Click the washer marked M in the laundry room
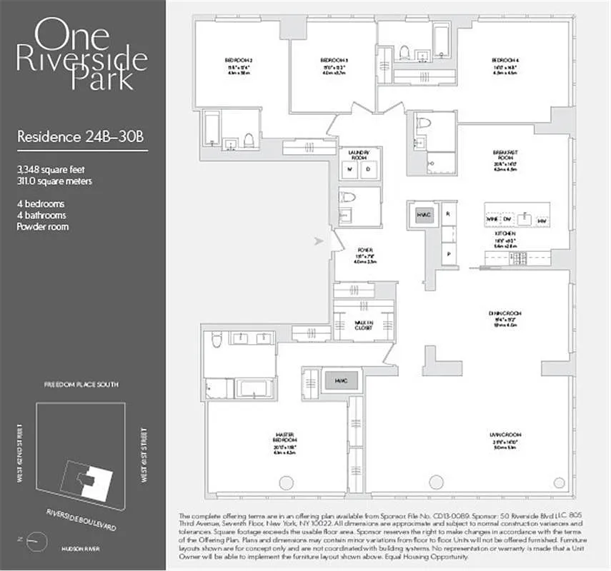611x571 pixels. (351, 170)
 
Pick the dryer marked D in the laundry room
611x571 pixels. (369, 170)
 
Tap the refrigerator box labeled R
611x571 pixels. (448, 213)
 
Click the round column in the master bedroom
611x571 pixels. (286, 482)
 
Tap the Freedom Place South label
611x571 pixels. (80, 385)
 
